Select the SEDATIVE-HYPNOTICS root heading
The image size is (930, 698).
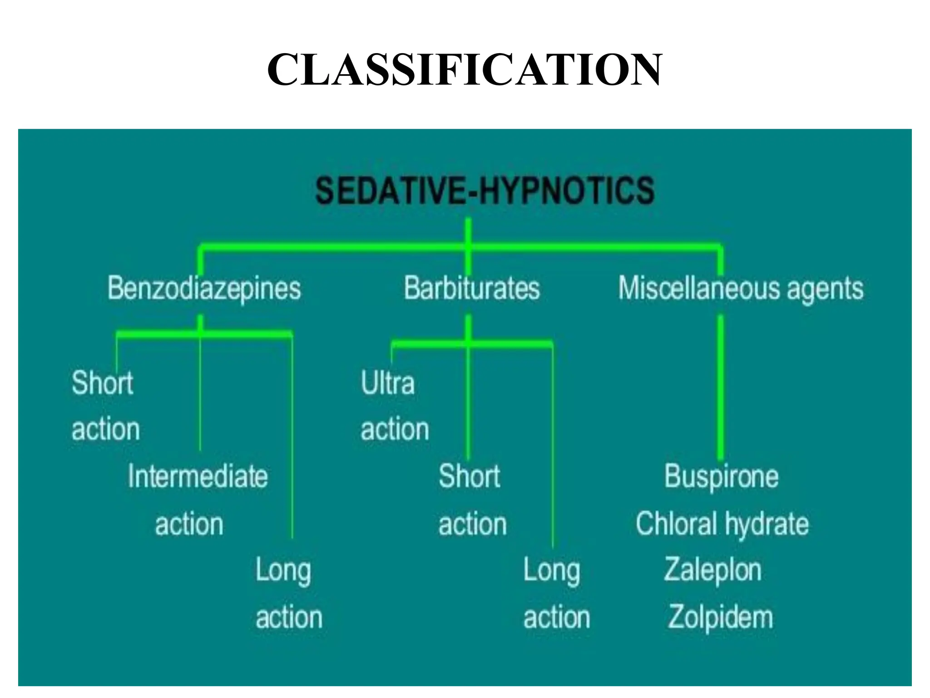click(x=485, y=190)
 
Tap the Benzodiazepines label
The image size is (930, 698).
click(x=204, y=289)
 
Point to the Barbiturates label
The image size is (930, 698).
click(x=472, y=289)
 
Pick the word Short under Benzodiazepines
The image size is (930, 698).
click(x=103, y=383)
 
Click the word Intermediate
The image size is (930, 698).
click(x=198, y=476)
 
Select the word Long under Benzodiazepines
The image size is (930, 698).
click(x=283, y=570)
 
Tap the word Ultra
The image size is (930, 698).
click(x=387, y=383)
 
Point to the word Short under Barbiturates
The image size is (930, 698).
click(x=469, y=476)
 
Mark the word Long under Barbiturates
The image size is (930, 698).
click(x=551, y=570)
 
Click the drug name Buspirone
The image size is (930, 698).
click(x=721, y=476)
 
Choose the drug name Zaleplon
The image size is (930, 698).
click(x=712, y=570)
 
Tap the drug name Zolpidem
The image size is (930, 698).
click(x=720, y=617)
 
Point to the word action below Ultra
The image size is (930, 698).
click(x=395, y=429)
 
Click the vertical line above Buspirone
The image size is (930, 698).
click(x=720, y=386)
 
